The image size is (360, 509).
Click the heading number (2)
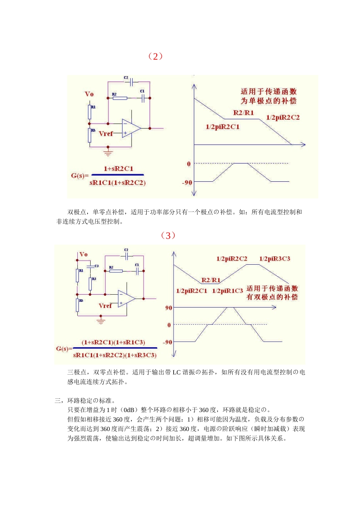tap(155, 56)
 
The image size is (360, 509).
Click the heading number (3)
tap(168, 236)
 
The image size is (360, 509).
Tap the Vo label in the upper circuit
tap(89, 94)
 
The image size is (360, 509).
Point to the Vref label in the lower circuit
tap(105, 306)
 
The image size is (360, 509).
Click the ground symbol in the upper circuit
tap(108, 153)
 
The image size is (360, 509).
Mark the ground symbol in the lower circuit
tap(100, 321)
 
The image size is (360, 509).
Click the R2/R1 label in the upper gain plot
tap(243, 112)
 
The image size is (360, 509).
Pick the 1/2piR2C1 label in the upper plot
tap(222, 126)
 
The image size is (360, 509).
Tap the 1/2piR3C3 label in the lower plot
tap(274, 259)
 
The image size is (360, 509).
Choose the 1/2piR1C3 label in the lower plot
tap(227, 291)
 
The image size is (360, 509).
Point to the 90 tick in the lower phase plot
tap(169, 308)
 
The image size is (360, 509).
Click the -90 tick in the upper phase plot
tap(187, 183)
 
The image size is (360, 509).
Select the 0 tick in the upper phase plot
tap(189, 164)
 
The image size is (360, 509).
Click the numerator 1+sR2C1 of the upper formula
tap(118, 169)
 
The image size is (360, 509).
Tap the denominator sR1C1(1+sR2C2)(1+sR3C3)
tap(115, 355)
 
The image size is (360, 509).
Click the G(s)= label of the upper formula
tap(80, 175)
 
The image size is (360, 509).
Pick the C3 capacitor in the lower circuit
tap(91, 266)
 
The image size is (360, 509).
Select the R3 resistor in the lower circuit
tap(90, 284)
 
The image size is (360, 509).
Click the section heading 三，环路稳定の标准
tap(85, 400)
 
